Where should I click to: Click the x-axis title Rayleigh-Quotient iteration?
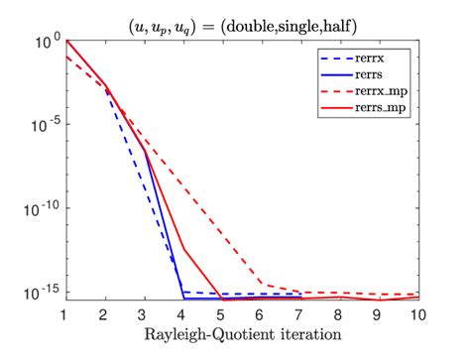click(242, 334)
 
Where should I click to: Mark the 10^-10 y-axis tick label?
click(43, 210)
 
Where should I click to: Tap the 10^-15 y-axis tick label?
click(43, 294)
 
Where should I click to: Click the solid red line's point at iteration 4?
click(182, 249)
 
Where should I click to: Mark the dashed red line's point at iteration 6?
click(261, 285)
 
